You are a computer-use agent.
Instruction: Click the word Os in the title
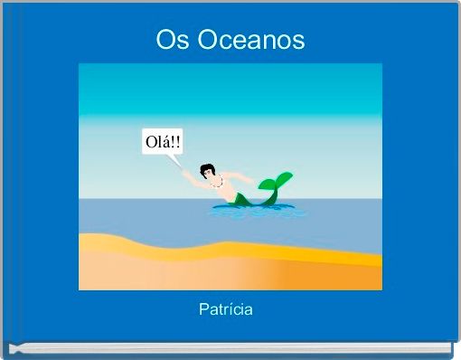(168, 40)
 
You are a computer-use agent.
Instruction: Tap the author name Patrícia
(226, 309)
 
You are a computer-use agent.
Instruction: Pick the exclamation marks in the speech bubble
(176, 142)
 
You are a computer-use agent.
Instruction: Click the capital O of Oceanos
(209, 40)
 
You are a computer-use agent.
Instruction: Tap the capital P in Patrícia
(203, 309)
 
